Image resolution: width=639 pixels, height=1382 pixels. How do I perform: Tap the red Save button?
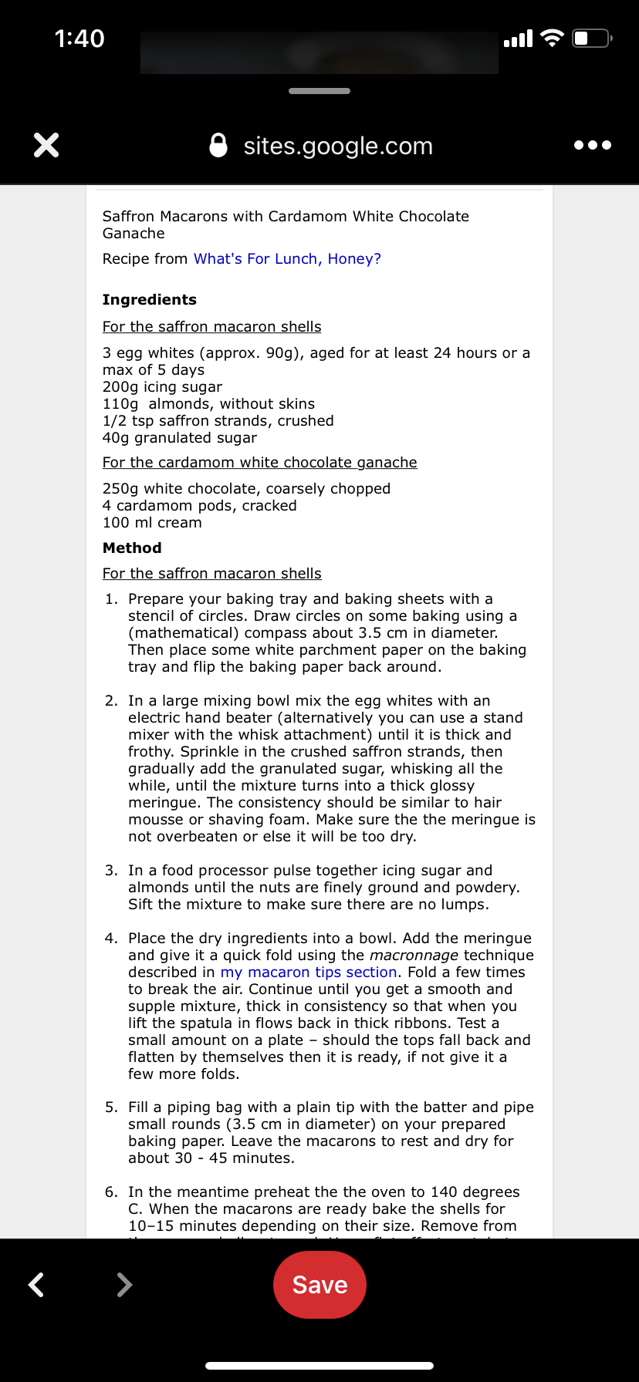pyautogui.click(x=319, y=1285)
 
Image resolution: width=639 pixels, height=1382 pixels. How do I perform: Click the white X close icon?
pyautogui.click(x=46, y=145)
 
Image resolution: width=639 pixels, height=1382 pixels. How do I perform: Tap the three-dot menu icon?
pyautogui.click(x=593, y=145)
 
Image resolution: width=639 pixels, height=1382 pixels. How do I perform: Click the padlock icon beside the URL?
pyautogui.click(x=218, y=145)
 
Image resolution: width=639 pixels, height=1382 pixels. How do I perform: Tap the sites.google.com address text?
pyautogui.click(x=338, y=146)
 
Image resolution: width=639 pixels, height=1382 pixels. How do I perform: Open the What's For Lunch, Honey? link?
pyautogui.click(x=287, y=259)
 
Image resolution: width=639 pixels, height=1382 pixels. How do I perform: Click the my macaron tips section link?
pyautogui.click(x=309, y=972)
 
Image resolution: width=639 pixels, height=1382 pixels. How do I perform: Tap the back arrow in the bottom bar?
pyautogui.click(x=36, y=1285)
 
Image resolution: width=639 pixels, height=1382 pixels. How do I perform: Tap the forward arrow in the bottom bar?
pyautogui.click(x=123, y=1285)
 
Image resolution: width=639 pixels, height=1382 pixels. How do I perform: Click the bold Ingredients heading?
pyautogui.click(x=150, y=300)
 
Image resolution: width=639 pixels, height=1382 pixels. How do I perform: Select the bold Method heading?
pyautogui.click(x=132, y=548)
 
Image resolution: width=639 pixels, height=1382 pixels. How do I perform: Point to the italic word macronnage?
pyautogui.click(x=414, y=956)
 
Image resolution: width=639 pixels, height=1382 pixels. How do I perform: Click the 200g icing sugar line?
pyautogui.click(x=162, y=387)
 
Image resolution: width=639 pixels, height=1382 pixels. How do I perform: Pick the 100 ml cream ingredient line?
pyautogui.click(x=152, y=523)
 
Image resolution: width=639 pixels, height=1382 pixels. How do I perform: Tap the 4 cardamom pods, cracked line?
pyautogui.click(x=199, y=506)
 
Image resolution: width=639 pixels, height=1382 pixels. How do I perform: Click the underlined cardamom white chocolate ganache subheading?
pyautogui.click(x=259, y=463)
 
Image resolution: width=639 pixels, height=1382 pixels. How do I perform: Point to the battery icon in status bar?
pyautogui.click(x=591, y=38)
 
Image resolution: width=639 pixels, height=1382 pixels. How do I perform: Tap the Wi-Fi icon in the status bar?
pyautogui.click(x=552, y=38)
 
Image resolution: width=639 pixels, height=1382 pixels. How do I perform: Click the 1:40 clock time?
pyautogui.click(x=79, y=39)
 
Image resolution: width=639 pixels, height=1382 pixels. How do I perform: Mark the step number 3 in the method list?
pyautogui.click(x=111, y=871)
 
